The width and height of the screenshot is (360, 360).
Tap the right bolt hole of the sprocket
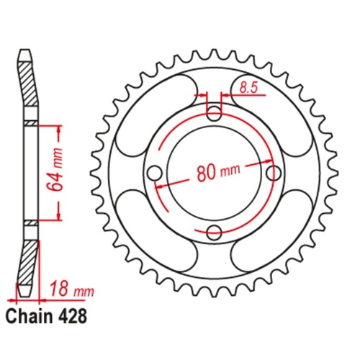click(272, 174)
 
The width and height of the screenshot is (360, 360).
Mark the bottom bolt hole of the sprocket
click(214, 231)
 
